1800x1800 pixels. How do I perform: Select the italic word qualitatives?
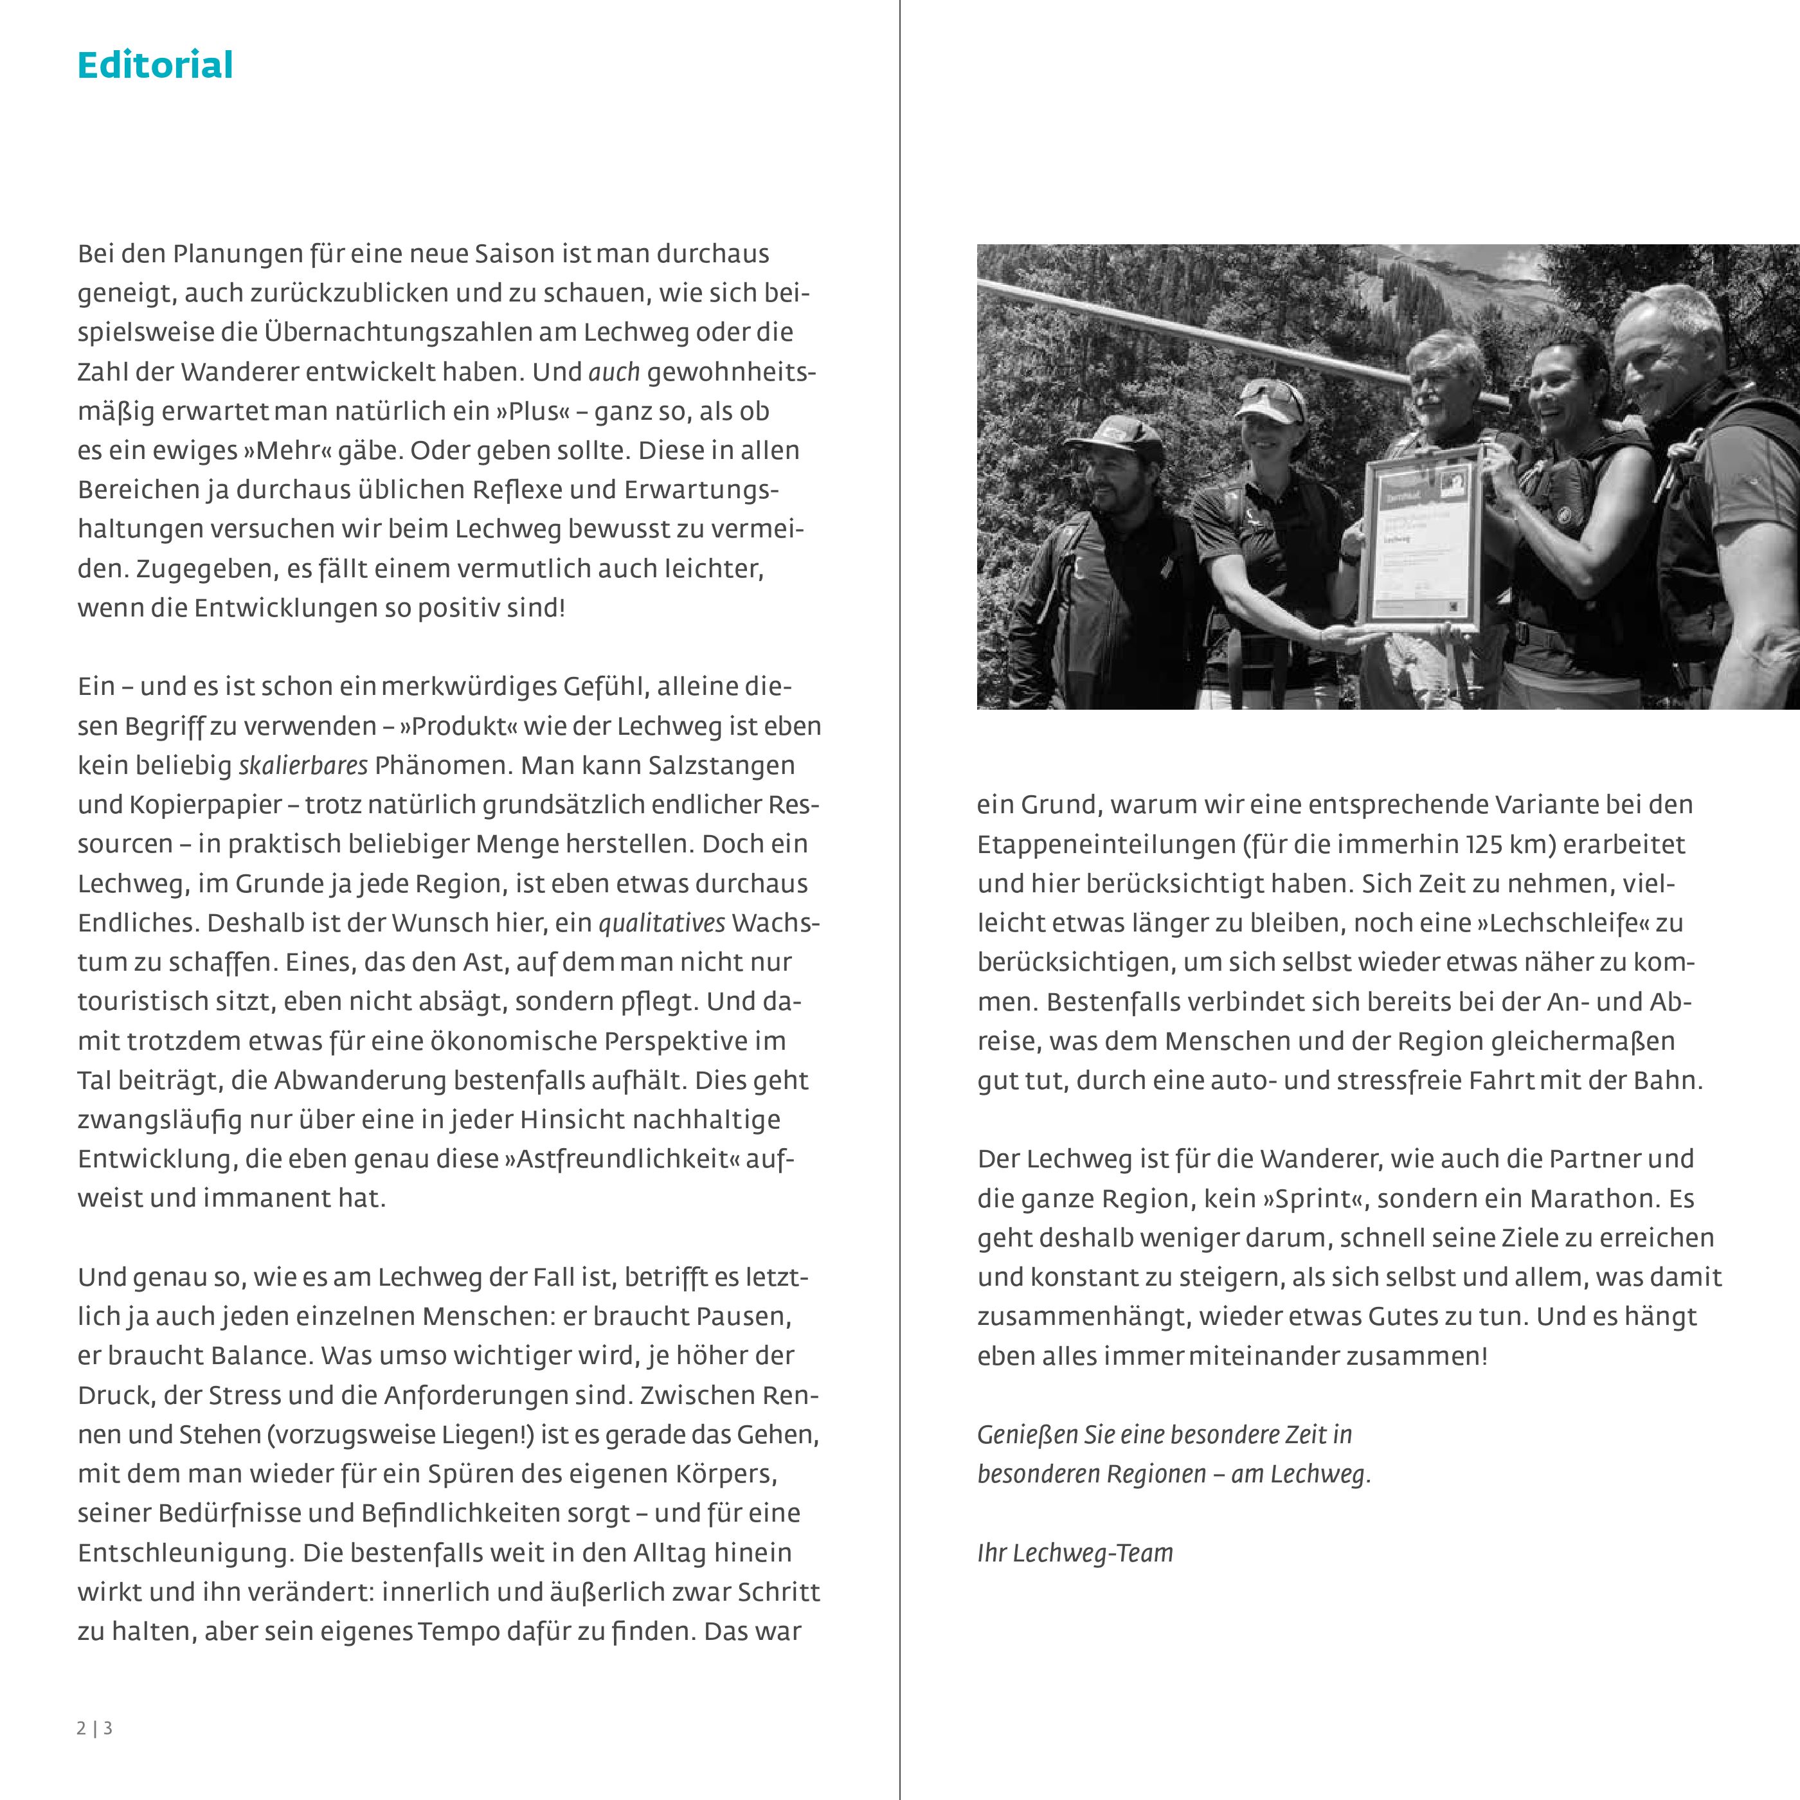point(661,923)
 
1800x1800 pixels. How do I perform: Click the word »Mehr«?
point(290,451)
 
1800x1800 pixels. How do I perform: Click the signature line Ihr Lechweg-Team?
point(1074,1553)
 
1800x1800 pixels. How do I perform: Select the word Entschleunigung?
point(185,1553)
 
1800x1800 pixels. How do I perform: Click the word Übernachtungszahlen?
point(431,332)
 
